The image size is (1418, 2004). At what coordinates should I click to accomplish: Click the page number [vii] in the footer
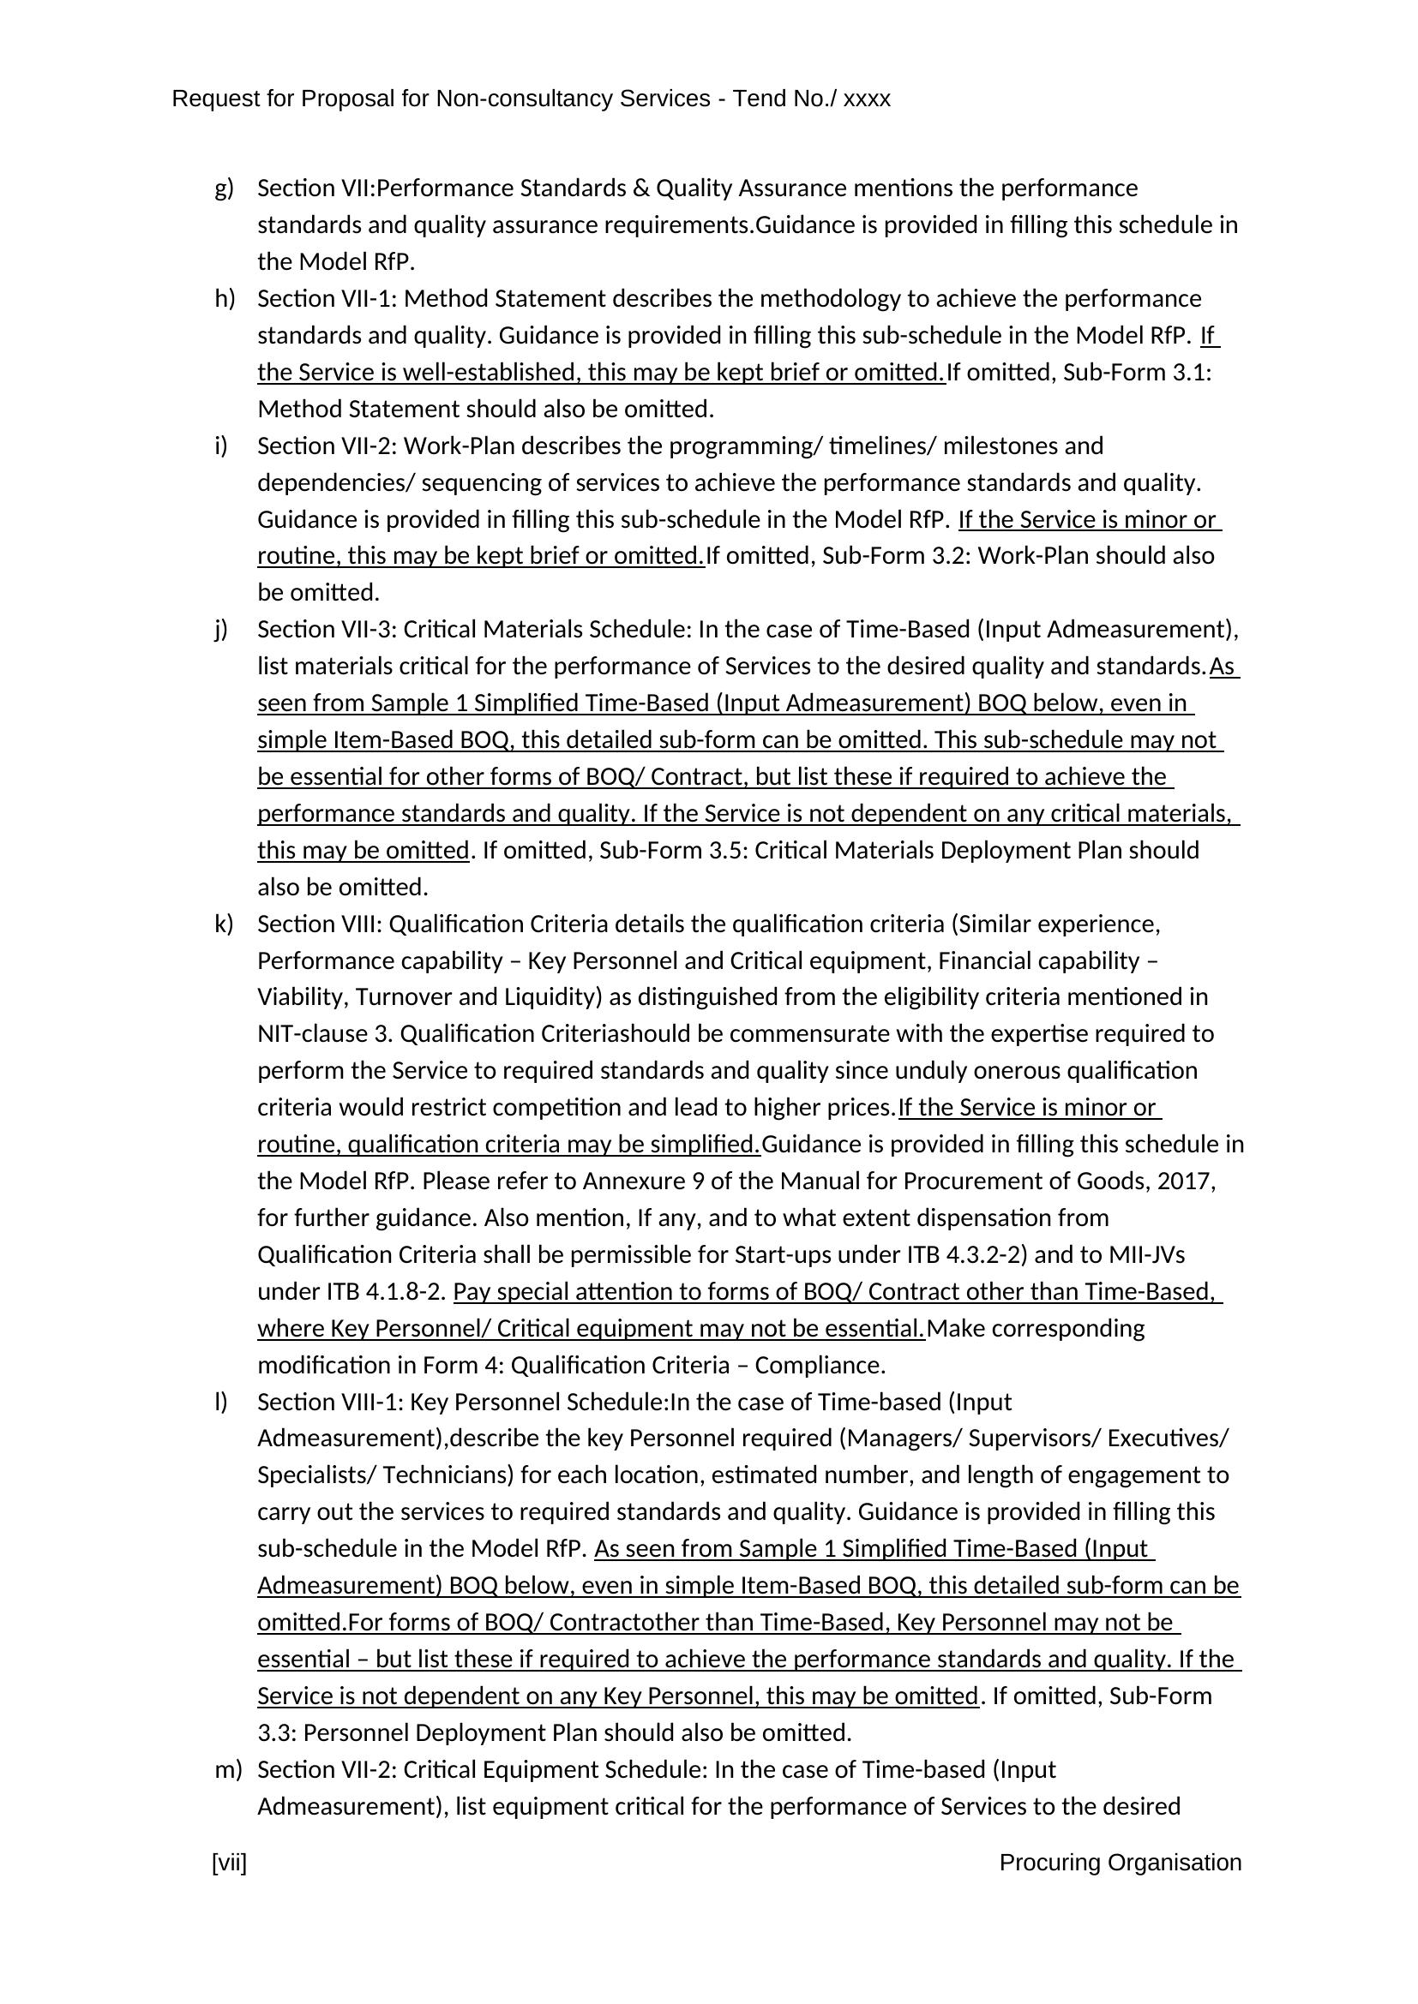click(x=229, y=1863)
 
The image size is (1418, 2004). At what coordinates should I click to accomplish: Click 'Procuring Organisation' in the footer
click(x=1120, y=1863)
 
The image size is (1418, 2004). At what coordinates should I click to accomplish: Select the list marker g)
click(x=224, y=188)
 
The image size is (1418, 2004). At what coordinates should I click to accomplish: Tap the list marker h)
click(x=225, y=298)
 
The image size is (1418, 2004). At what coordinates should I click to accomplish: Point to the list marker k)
click(x=224, y=924)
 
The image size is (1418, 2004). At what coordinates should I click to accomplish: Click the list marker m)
click(x=227, y=1769)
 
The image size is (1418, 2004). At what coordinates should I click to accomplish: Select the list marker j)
click(x=221, y=630)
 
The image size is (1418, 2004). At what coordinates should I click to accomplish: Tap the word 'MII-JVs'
click(x=1146, y=1254)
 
